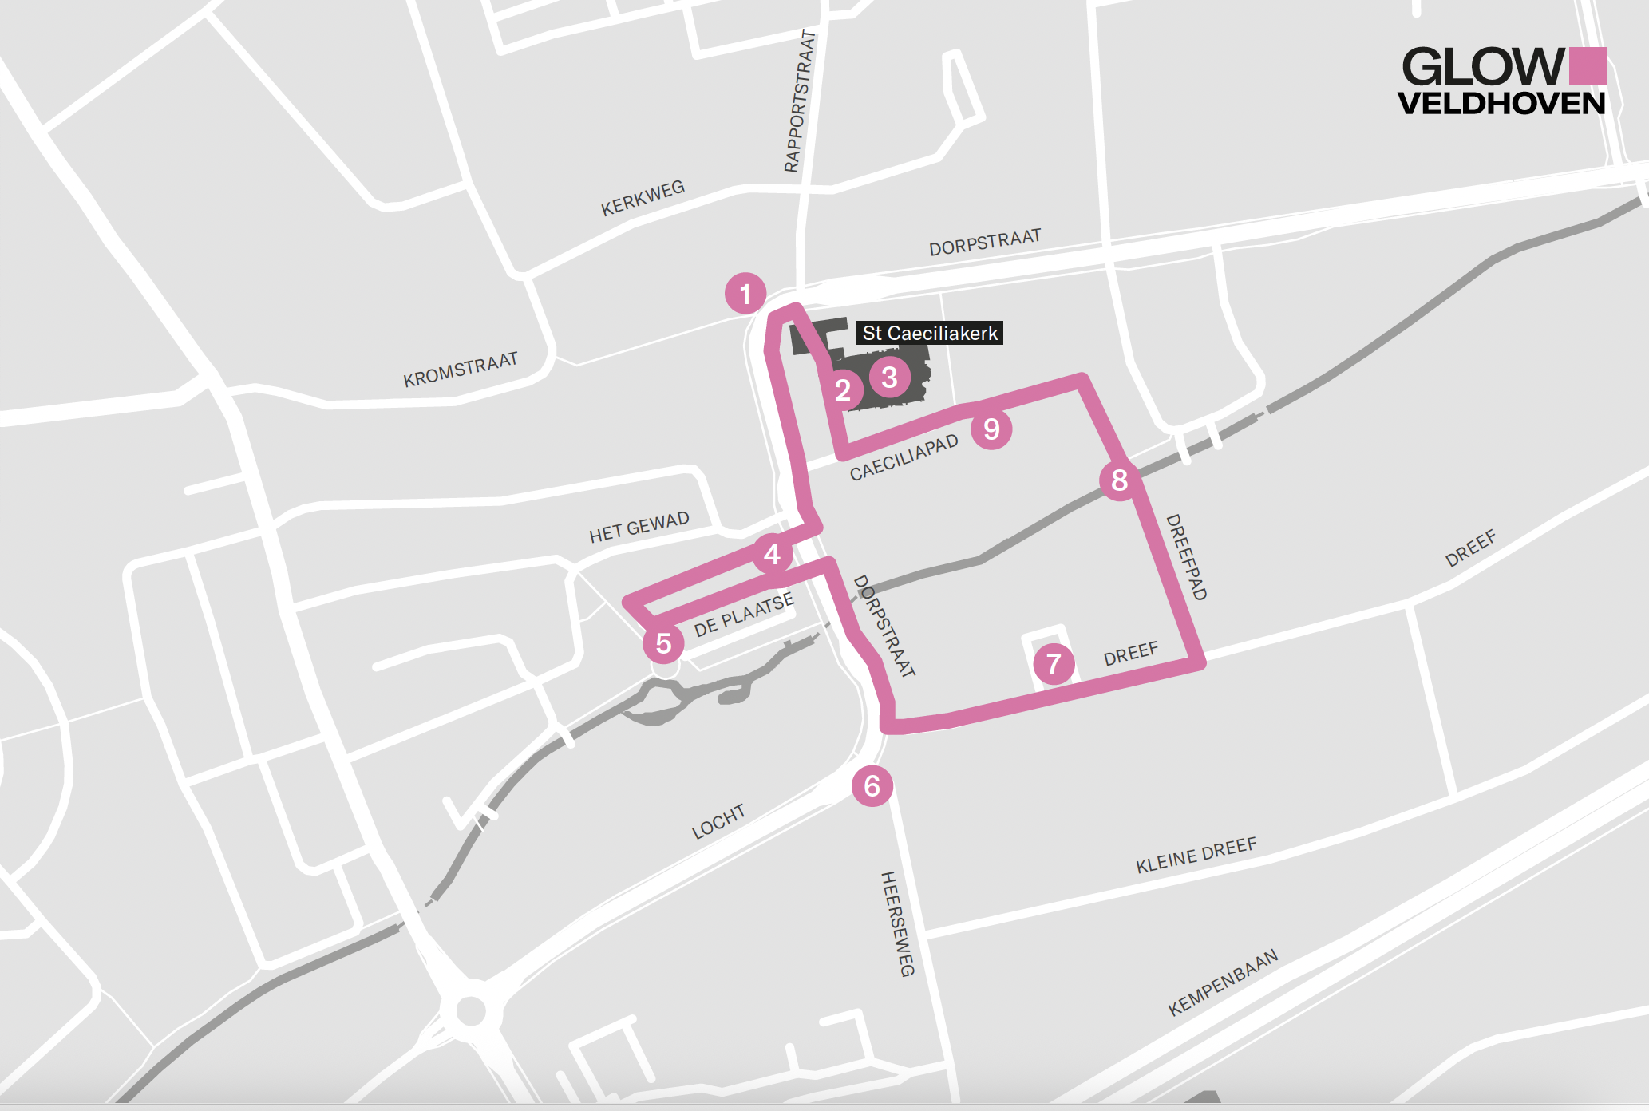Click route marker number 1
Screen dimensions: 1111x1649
[745, 294]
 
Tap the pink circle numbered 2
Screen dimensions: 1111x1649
[842, 390]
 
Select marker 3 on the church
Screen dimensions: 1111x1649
[889, 377]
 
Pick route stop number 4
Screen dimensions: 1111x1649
[772, 554]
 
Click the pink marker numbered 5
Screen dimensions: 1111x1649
[663, 643]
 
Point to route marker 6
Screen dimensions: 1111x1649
[872, 786]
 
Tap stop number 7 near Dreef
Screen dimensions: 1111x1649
[1054, 663]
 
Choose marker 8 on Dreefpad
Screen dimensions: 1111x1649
[1119, 480]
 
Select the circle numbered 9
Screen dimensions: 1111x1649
[991, 429]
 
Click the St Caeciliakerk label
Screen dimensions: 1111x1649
[930, 333]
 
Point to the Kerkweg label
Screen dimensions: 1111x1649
[643, 199]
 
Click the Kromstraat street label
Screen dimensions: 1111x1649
[461, 370]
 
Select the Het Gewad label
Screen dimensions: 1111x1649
[639, 528]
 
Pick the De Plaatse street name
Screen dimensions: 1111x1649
[744, 615]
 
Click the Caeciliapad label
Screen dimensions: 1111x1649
[904, 458]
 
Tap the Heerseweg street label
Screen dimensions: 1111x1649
[897, 923]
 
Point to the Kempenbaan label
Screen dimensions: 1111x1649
[1223, 983]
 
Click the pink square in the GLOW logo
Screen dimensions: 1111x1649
[1588, 65]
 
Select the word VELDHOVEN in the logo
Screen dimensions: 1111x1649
[1501, 104]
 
